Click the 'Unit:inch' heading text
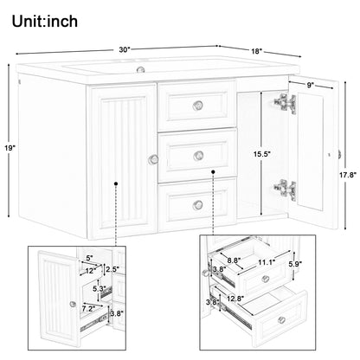click(45, 22)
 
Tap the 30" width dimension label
click(125, 49)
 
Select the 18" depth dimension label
click(256, 51)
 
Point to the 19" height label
click(10, 148)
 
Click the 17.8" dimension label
click(348, 175)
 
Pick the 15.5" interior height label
click(261, 154)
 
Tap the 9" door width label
click(310, 85)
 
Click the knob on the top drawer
click(197, 106)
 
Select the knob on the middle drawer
click(198, 156)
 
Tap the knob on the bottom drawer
click(198, 205)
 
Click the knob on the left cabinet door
click(153, 159)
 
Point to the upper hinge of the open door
click(285, 103)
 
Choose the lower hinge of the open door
click(285, 190)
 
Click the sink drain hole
click(140, 69)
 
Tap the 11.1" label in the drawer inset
click(267, 262)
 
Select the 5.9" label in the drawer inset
click(295, 263)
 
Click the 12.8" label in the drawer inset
click(235, 299)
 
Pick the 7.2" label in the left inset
click(88, 309)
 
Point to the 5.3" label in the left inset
click(99, 288)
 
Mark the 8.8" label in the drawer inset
click(234, 260)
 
